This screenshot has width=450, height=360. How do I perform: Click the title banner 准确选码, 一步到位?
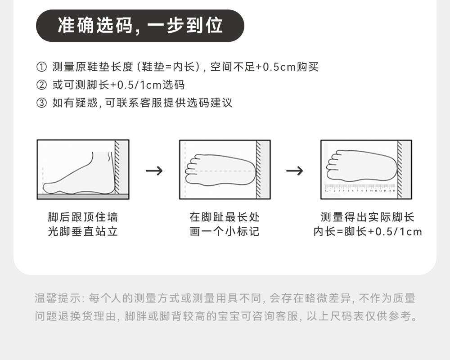tap(140, 26)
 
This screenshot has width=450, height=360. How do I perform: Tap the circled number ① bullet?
tap(41, 67)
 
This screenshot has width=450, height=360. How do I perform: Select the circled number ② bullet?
tap(41, 85)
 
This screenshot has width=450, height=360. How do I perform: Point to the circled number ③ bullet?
tap(41, 103)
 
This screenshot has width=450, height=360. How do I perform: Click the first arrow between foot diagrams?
tap(154, 171)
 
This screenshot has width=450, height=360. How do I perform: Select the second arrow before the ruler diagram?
tap(295, 171)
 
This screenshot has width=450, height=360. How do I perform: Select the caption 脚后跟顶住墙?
tap(83, 217)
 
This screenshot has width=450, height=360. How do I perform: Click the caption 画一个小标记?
tap(225, 232)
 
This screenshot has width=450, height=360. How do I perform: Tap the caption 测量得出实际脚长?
tap(367, 217)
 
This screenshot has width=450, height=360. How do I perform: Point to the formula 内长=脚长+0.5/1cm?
tap(368, 232)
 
